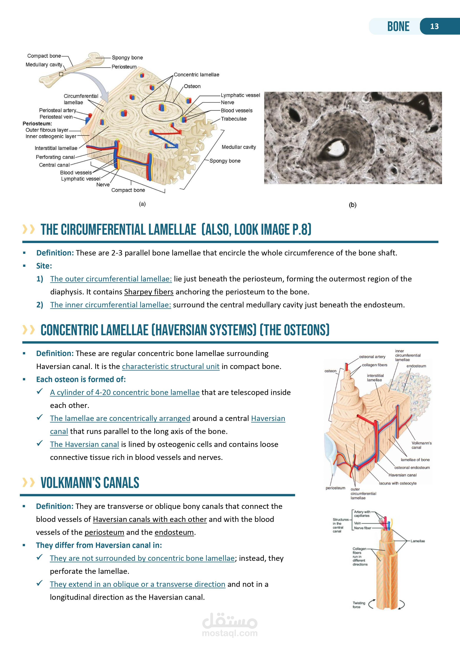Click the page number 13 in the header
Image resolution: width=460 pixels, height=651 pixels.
pyautogui.click(x=434, y=26)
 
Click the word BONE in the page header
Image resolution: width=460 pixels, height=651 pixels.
pyautogui.click(x=398, y=26)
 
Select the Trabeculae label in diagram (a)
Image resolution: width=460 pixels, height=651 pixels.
pyautogui.click(x=234, y=119)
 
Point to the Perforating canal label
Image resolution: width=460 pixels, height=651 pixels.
pyautogui.click(x=55, y=157)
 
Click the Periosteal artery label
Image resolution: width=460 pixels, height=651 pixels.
pyautogui.click(x=57, y=110)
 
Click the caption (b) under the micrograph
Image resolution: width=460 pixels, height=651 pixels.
pyautogui.click(x=352, y=205)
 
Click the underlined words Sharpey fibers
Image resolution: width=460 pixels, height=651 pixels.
pyautogui.click(x=149, y=292)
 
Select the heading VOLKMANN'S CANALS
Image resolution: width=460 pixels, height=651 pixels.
pyautogui.click(x=90, y=483)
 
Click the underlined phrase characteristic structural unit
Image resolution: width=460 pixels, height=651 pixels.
pyautogui.click(x=171, y=366)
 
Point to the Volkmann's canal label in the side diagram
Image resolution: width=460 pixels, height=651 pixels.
pyautogui.click(x=421, y=445)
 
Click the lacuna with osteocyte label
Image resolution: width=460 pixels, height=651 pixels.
pyautogui.click(x=398, y=483)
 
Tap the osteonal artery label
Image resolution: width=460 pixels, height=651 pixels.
pyautogui.click(x=372, y=357)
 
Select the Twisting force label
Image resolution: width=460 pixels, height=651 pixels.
pyautogui.click(x=359, y=605)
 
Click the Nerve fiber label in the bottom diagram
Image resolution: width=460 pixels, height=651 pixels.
pyautogui.click(x=362, y=528)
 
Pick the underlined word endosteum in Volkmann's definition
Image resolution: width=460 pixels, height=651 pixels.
pyautogui.click(x=174, y=532)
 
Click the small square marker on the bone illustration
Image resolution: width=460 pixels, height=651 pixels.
pyautogui.click(x=61, y=74)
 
